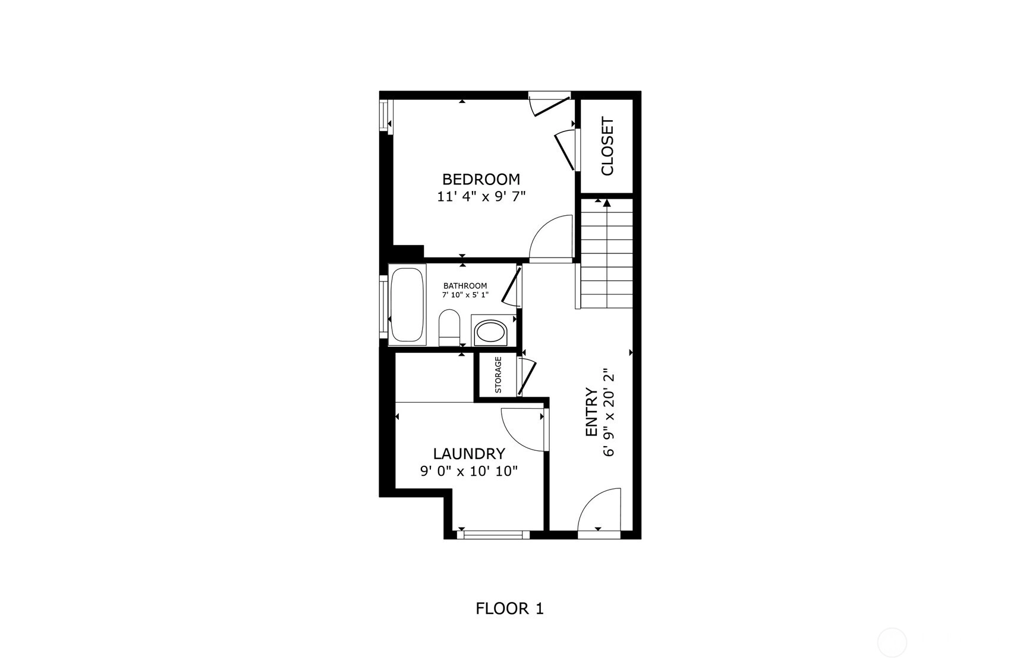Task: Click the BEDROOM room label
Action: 481,179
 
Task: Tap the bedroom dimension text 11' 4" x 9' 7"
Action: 481,196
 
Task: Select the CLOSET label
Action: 607,146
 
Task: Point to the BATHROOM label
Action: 465,286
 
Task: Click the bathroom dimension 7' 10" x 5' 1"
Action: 465,294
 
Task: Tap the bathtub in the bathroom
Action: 408,305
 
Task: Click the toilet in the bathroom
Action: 449,327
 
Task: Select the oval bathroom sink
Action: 490,332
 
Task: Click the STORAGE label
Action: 498,375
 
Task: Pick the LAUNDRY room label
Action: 469,454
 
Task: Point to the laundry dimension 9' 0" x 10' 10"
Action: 469,471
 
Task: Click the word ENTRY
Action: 591,412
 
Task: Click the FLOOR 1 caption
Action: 509,608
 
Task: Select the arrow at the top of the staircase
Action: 607,203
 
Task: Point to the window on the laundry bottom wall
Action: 497,535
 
